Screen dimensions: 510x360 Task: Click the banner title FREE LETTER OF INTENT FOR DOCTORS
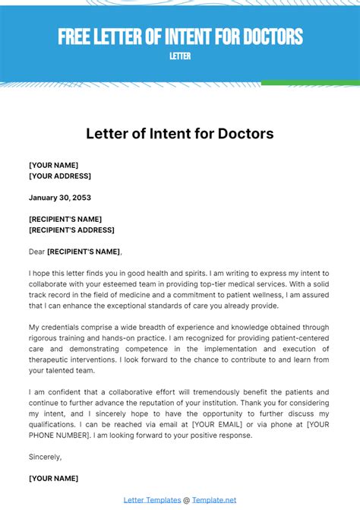[180, 36]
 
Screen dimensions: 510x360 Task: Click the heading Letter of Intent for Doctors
[180, 135]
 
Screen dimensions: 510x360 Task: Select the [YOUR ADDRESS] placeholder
[60, 176]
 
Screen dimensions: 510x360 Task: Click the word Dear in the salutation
[36, 251]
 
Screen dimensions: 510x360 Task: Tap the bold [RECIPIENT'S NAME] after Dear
[84, 251]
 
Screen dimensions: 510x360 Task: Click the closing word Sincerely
[45, 457]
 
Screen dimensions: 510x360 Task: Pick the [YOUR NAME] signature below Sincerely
[53, 478]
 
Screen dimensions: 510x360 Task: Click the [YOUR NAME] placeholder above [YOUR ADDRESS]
[53, 165]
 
